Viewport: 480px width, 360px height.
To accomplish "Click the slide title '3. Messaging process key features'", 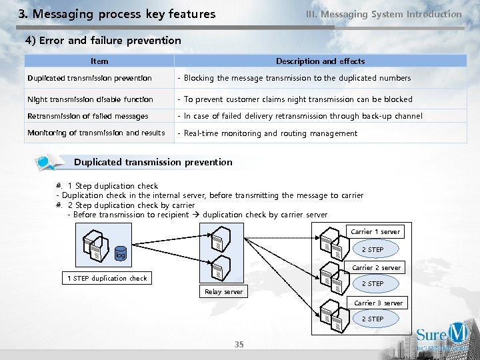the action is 117,14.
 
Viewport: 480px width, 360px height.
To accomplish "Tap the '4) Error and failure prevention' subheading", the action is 103,41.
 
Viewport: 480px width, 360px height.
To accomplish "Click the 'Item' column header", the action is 99,61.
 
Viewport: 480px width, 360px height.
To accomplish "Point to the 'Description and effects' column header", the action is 320,61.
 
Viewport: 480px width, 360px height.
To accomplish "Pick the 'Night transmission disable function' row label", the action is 90,99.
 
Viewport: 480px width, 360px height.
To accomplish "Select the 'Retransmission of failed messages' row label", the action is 87,116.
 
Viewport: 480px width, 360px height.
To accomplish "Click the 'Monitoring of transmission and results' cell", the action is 96,133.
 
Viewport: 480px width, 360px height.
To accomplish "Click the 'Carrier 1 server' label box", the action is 375,232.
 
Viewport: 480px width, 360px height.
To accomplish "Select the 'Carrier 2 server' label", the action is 377,268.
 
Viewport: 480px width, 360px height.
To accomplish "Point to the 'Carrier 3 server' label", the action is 378,303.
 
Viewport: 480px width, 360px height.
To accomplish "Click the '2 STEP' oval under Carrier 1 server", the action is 372,250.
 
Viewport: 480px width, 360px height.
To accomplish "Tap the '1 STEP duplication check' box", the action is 107,278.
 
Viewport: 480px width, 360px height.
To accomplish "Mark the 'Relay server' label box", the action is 223,292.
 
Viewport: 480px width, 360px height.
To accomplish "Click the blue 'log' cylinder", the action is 120,254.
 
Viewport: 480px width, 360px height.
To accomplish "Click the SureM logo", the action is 442,337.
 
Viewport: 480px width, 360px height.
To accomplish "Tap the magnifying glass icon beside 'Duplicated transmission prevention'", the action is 47,162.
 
